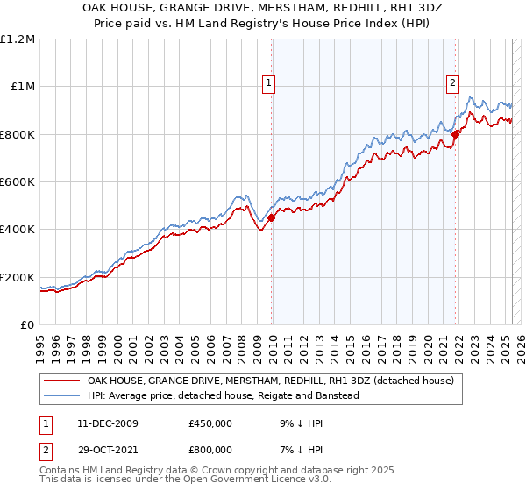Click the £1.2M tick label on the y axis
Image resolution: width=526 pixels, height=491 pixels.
18,39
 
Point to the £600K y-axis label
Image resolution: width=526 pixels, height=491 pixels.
18,182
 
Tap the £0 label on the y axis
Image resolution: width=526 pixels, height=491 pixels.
28,325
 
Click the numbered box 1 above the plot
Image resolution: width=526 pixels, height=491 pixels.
268,84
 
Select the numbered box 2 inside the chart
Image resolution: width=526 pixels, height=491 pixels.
452,84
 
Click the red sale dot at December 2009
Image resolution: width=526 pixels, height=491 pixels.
271,218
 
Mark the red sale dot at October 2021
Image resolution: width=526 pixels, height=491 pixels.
456,134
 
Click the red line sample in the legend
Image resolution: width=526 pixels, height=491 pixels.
60,381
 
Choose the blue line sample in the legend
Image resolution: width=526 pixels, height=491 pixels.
60,396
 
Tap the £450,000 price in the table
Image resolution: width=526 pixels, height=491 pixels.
210,423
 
